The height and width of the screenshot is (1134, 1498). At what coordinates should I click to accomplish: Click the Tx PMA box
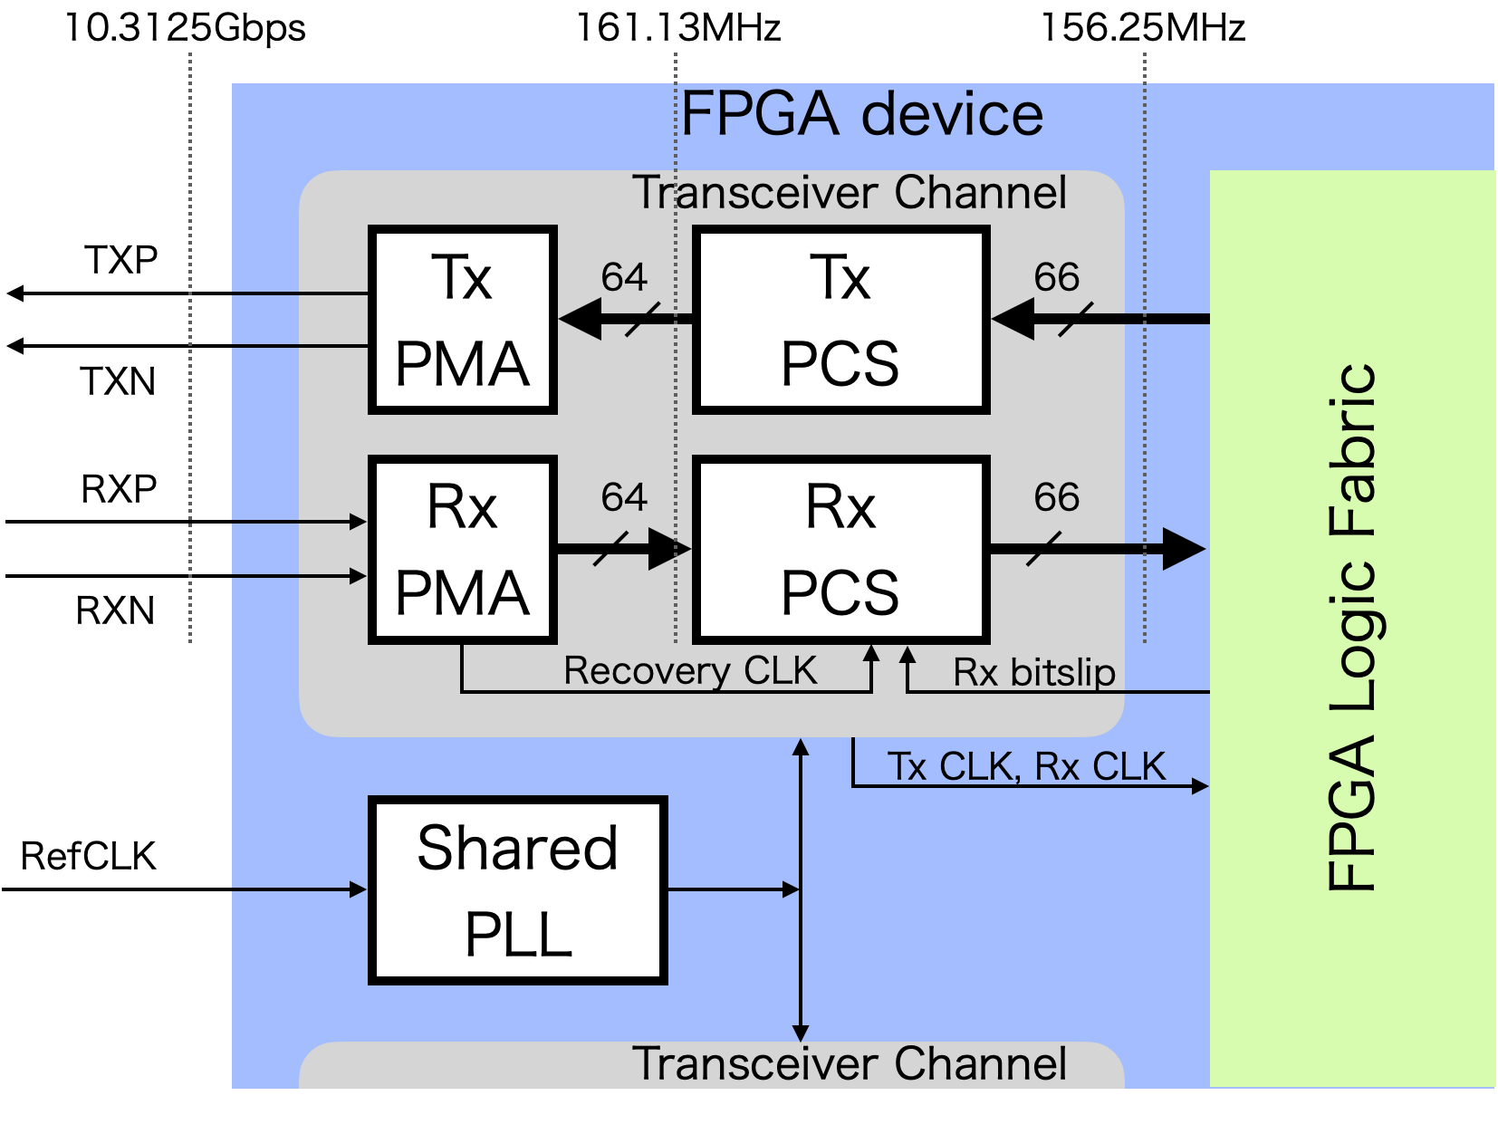click(462, 320)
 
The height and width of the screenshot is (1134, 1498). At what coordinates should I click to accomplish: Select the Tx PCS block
click(840, 320)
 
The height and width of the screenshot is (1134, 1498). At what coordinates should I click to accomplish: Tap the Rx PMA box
click(462, 550)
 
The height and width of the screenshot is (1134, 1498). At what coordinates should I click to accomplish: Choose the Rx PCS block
click(840, 550)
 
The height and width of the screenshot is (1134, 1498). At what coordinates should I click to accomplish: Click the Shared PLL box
click(517, 890)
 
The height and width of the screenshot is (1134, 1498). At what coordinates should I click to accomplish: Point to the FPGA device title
click(861, 114)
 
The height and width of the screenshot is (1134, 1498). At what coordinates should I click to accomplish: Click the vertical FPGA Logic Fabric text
click(1352, 627)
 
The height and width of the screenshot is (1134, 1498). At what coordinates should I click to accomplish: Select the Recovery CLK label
click(689, 671)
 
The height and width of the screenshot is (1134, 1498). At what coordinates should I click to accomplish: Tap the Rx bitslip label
click(1033, 673)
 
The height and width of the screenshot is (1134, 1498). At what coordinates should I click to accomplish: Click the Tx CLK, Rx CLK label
click(1025, 766)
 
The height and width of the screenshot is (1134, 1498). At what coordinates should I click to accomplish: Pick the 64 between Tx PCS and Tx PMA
click(624, 277)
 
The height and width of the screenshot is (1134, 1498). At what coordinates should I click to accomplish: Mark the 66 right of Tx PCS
click(1057, 277)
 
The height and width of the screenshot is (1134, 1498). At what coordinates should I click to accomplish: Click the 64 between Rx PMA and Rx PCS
click(624, 497)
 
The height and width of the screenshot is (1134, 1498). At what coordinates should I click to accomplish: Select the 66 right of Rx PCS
click(1057, 497)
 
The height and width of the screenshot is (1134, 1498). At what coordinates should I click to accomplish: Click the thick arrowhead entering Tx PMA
click(581, 319)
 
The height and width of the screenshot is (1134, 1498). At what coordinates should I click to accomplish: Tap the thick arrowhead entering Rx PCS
click(669, 549)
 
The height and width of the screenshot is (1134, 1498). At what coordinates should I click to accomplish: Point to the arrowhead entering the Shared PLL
click(359, 889)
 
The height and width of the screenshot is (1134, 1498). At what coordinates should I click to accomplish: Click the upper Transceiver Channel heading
click(850, 193)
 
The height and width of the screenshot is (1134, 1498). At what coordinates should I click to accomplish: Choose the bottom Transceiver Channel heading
click(850, 1063)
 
